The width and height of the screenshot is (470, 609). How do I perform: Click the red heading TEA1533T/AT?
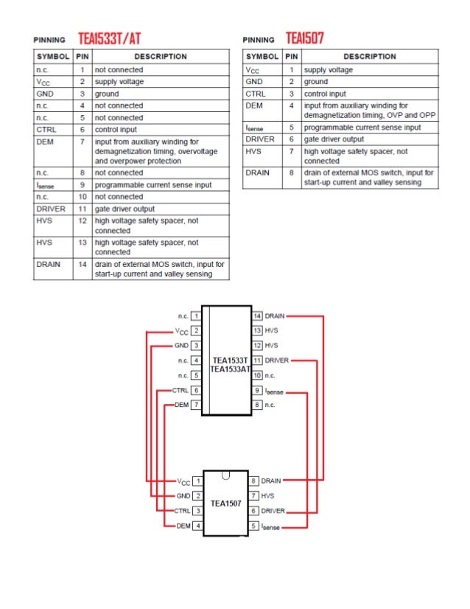pyautogui.click(x=109, y=38)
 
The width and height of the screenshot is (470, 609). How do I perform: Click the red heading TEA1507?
pyautogui.click(x=305, y=38)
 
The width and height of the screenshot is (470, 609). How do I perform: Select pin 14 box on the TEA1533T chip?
pyautogui.click(x=258, y=316)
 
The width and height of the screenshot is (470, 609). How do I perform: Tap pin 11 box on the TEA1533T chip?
pyautogui.click(x=258, y=361)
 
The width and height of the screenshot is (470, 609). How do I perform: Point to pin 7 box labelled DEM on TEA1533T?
pyautogui.click(x=197, y=406)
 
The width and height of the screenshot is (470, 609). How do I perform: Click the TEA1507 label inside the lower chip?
pyautogui.click(x=225, y=504)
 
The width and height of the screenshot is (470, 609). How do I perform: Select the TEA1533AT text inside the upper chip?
pyautogui.click(x=231, y=369)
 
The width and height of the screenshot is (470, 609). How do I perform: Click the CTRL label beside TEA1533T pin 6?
pyautogui.click(x=179, y=390)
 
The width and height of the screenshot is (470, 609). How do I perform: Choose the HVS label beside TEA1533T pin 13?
pyautogui.click(x=271, y=330)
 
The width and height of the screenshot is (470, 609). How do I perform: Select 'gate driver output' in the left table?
pyautogui.click(x=124, y=209)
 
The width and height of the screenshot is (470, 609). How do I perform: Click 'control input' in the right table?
pyautogui.click(x=325, y=94)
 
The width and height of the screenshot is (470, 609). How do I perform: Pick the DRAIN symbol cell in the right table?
pyautogui.click(x=258, y=173)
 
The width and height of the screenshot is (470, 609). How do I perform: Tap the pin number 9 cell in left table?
pyautogui.click(x=83, y=185)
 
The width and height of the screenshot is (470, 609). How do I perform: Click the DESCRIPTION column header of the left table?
pyautogui.click(x=161, y=56)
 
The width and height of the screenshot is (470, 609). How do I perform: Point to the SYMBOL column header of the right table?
pyautogui.click(x=262, y=56)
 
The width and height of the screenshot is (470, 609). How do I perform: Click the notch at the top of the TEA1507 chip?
pyautogui.click(x=225, y=474)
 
